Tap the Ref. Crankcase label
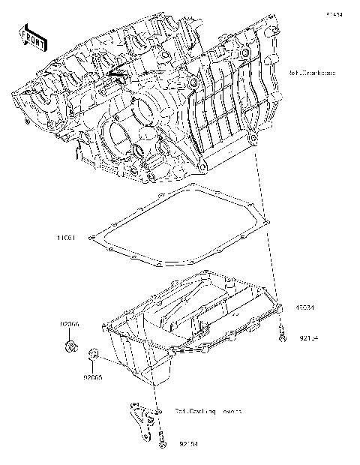[x=311, y=73]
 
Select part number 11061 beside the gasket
[x=67, y=237]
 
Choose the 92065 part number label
[x=93, y=377]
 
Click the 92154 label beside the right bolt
[x=308, y=338]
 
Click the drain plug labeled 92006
[x=70, y=346]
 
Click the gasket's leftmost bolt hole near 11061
[x=91, y=239]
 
